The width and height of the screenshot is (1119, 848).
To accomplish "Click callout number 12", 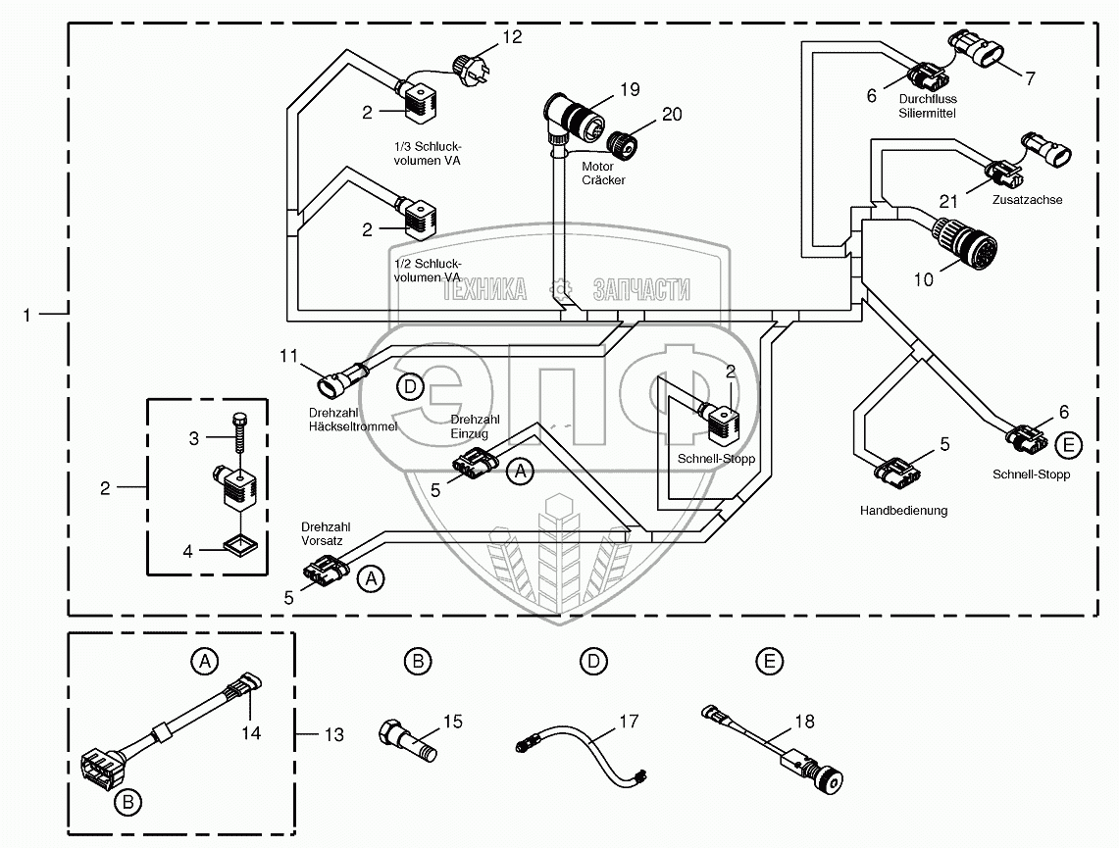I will pos(513,38).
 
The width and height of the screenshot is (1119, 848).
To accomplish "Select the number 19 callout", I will pos(629,89).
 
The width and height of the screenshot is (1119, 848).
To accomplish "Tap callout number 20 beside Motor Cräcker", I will pos(671,114).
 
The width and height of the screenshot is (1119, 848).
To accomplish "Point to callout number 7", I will pos(1030,79).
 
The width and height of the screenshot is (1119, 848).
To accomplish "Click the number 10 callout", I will pos(924,279).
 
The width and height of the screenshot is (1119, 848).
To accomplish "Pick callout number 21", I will pos(947,201).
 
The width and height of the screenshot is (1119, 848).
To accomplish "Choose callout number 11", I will pos(287,356).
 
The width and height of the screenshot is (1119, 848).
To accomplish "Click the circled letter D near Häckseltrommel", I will pos(410,388).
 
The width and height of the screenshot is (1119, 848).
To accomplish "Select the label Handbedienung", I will pos(903,511).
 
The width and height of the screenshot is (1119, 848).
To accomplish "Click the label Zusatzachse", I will pos(1027,200).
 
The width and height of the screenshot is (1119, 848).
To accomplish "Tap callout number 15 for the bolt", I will pos(452,723).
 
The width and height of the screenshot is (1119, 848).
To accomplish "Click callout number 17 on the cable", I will pos(628,723).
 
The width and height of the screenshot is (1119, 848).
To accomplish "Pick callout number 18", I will pos(804,723).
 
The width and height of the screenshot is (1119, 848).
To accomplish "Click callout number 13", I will pos(334,734).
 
